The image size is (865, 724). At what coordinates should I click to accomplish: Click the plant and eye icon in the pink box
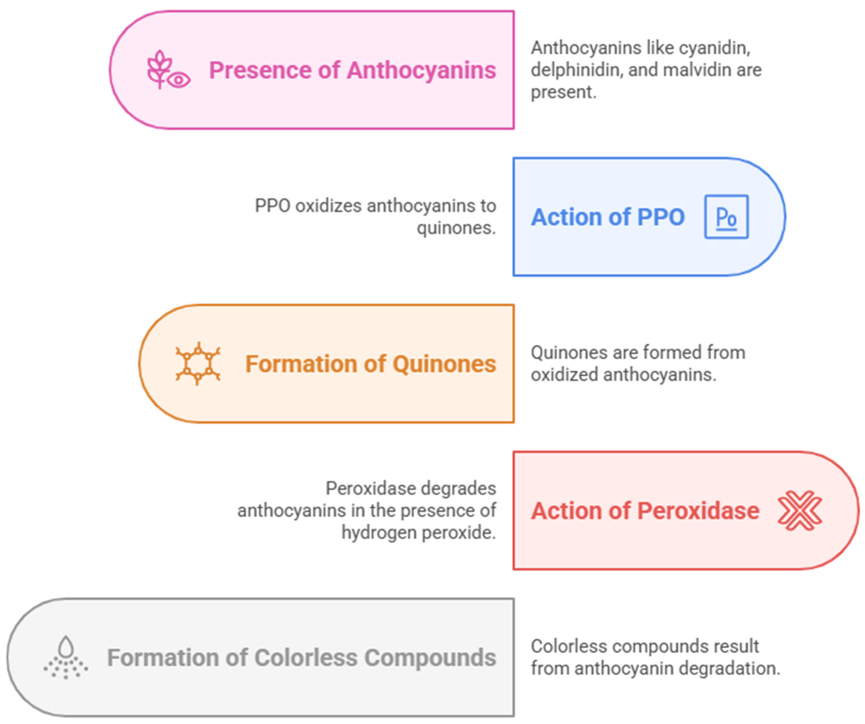click(x=168, y=70)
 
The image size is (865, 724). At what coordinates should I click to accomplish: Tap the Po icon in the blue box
click(x=726, y=217)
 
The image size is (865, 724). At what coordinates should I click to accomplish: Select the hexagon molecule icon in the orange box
click(x=198, y=364)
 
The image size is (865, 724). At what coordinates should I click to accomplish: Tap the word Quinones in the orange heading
click(x=444, y=364)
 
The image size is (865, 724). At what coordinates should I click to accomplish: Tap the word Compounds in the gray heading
click(x=430, y=658)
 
